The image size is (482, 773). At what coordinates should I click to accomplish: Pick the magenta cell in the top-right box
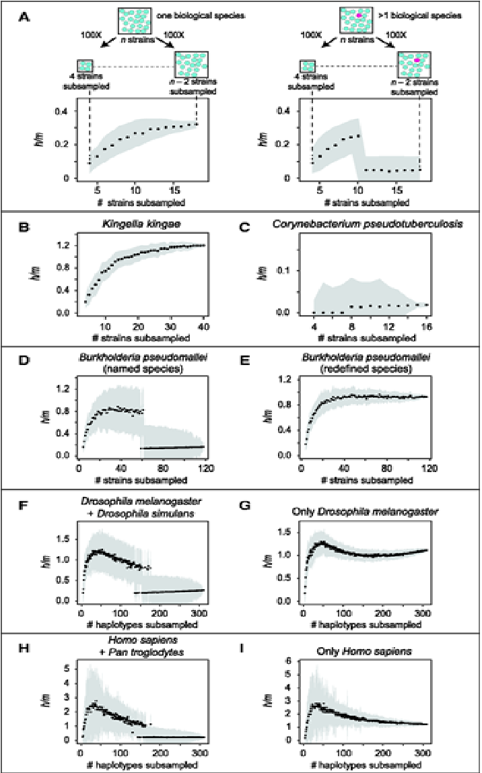coord(359,13)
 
